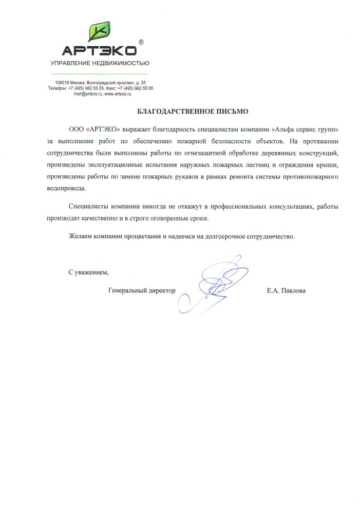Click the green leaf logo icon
click(100, 32)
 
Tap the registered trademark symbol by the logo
click(141, 42)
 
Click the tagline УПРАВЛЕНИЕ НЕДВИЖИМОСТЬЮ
click(99, 63)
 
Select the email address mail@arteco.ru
click(88, 94)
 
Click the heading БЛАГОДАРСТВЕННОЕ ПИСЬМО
click(185, 111)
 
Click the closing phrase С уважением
click(88, 272)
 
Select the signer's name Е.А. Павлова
click(286, 291)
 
